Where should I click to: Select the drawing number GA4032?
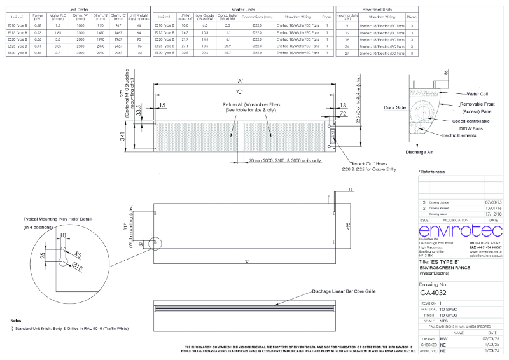pos(434,293)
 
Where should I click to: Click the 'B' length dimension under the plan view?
pos(246,261)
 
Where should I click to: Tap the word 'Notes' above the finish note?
pos(17,321)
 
